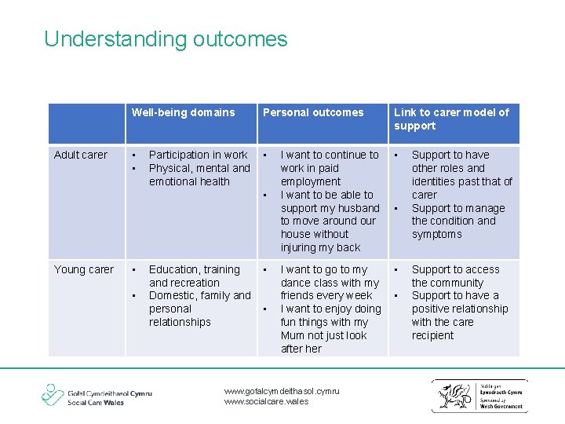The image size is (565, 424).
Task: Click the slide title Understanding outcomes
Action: tap(166, 39)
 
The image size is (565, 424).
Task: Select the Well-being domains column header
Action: tap(183, 112)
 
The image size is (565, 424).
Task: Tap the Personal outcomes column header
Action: tap(313, 112)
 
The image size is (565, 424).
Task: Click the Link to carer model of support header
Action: tap(451, 119)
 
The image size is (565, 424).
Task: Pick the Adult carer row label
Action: tap(81, 155)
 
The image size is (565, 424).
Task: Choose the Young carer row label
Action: tap(83, 269)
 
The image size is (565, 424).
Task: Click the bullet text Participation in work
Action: tap(198, 155)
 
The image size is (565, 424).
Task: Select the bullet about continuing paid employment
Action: tap(329, 168)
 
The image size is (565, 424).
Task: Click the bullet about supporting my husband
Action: tap(330, 221)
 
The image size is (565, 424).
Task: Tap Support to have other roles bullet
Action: tap(461, 174)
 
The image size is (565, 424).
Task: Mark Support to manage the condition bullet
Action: tap(458, 221)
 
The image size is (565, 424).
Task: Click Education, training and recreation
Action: tap(195, 276)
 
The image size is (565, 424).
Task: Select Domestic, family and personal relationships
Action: tap(199, 309)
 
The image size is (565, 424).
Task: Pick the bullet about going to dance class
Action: tap(329, 283)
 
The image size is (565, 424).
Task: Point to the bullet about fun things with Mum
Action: tap(330, 329)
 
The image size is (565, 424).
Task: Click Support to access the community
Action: tap(455, 276)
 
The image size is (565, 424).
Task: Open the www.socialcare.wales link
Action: tap(266, 401)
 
